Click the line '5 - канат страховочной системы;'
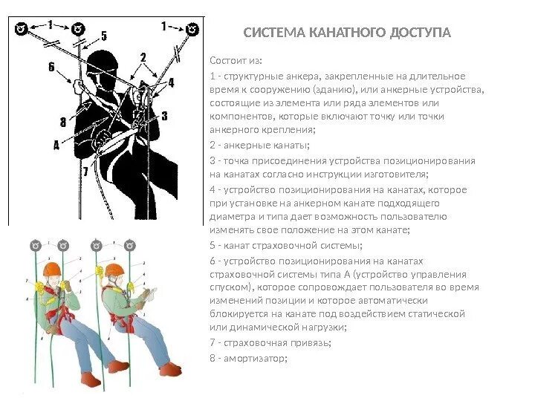[x=285, y=244]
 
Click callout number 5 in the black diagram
[x=103, y=35]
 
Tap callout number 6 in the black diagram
[x=51, y=67]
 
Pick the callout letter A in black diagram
[x=56, y=146]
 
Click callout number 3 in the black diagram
[x=164, y=115]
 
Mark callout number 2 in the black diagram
[x=143, y=56]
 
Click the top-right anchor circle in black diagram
[x=192, y=29]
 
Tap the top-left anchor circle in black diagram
[x=22, y=29]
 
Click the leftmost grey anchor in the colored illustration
[x=33, y=244]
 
